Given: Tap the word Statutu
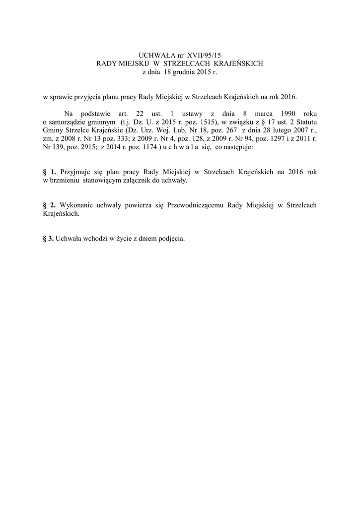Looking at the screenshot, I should (304, 122).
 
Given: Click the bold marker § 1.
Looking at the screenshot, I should (50, 172).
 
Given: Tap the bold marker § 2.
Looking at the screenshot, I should (50, 205).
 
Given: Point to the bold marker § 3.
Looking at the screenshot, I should (49, 238).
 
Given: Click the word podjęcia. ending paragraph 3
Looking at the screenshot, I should (171, 238).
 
